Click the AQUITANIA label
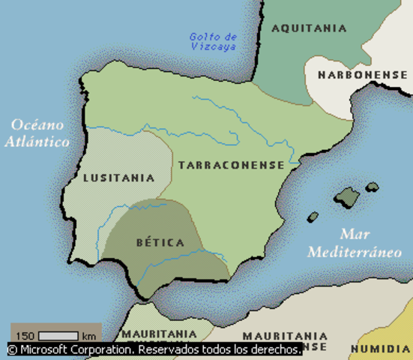coord(310,28)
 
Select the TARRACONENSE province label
coord(231,165)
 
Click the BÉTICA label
coord(160,243)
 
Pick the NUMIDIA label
coord(382,349)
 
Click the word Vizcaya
coord(213,46)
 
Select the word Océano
coord(37,125)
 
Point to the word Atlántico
coord(37,141)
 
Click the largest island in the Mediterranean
coord(348,197)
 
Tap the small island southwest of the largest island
coord(313,217)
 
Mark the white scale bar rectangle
coord(58,335)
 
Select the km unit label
coord(89,335)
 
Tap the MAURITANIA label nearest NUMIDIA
coord(285,335)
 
